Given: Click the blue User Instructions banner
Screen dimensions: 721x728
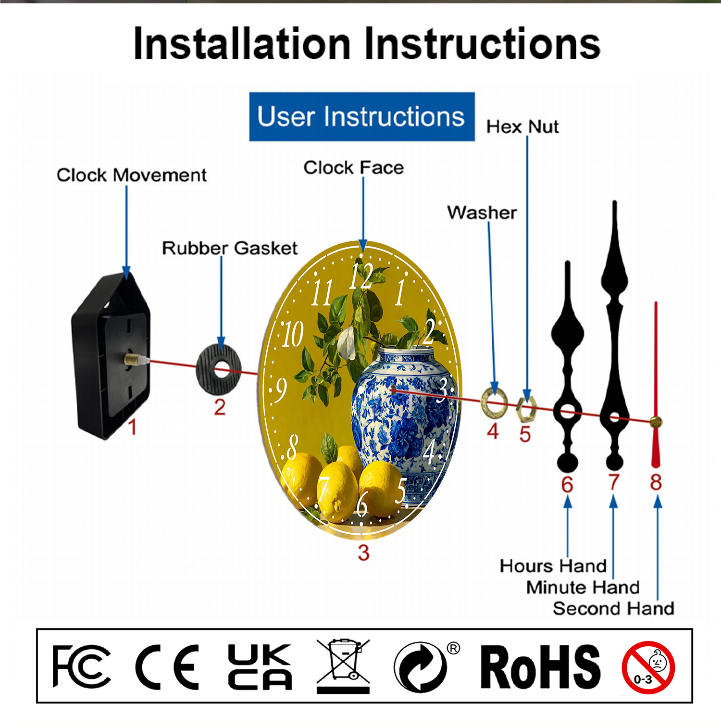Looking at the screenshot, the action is (x=362, y=117).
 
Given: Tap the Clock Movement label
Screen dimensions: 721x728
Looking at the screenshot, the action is (x=132, y=175).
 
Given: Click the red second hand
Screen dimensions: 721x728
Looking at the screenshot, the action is (x=656, y=385).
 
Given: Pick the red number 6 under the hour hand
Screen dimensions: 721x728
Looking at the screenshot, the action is (x=567, y=484).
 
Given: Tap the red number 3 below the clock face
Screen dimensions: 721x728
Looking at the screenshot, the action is (x=364, y=552).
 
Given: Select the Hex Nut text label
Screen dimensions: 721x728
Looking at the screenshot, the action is (x=522, y=127).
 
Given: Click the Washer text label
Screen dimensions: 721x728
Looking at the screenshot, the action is (x=482, y=213).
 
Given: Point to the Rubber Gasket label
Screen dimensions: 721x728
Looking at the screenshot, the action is (x=230, y=248).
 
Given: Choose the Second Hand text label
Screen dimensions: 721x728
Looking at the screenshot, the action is (x=614, y=608).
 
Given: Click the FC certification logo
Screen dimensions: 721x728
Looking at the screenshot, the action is (x=81, y=666).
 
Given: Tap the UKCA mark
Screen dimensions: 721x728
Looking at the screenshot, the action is (x=260, y=666).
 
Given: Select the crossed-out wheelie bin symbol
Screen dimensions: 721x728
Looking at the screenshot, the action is (x=343, y=666).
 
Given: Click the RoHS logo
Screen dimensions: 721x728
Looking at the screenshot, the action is (x=541, y=666).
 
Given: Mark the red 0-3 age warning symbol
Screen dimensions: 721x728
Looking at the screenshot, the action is (x=648, y=667).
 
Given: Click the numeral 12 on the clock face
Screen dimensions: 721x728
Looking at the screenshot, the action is (x=361, y=276).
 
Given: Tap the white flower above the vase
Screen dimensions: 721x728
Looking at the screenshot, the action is (x=347, y=342).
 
